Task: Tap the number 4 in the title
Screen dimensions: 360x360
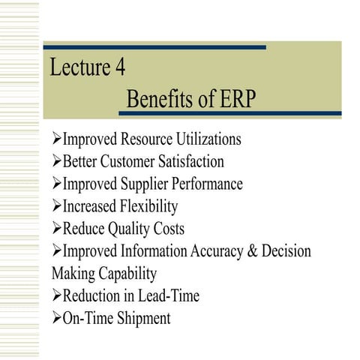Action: [x=119, y=67]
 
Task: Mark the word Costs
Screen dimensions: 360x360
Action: [x=169, y=229]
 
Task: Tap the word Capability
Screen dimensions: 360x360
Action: [x=131, y=274]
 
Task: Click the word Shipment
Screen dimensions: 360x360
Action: [x=142, y=318]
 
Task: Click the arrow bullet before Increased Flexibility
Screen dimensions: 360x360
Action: [x=56, y=206]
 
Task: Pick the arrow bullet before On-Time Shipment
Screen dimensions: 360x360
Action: [x=56, y=318]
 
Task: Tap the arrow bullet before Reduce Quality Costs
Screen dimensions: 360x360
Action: [x=56, y=229]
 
